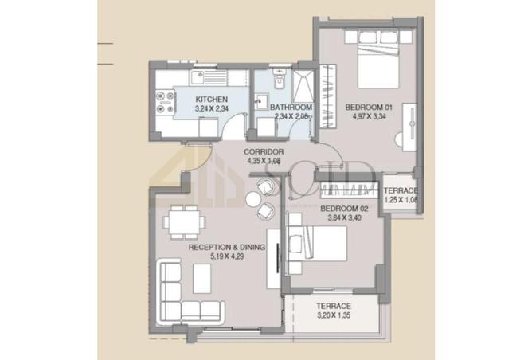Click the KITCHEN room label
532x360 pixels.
[x=211, y=100]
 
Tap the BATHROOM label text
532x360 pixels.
[x=291, y=107]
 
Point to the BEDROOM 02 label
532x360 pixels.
[x=342, y=208]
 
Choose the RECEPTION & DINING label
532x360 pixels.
[x=226, y=248]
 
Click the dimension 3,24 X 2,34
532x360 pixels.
[x=211, y=110]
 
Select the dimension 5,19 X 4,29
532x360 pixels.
[x=227, y=257]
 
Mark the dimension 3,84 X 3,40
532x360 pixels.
[x=342, y=217]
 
